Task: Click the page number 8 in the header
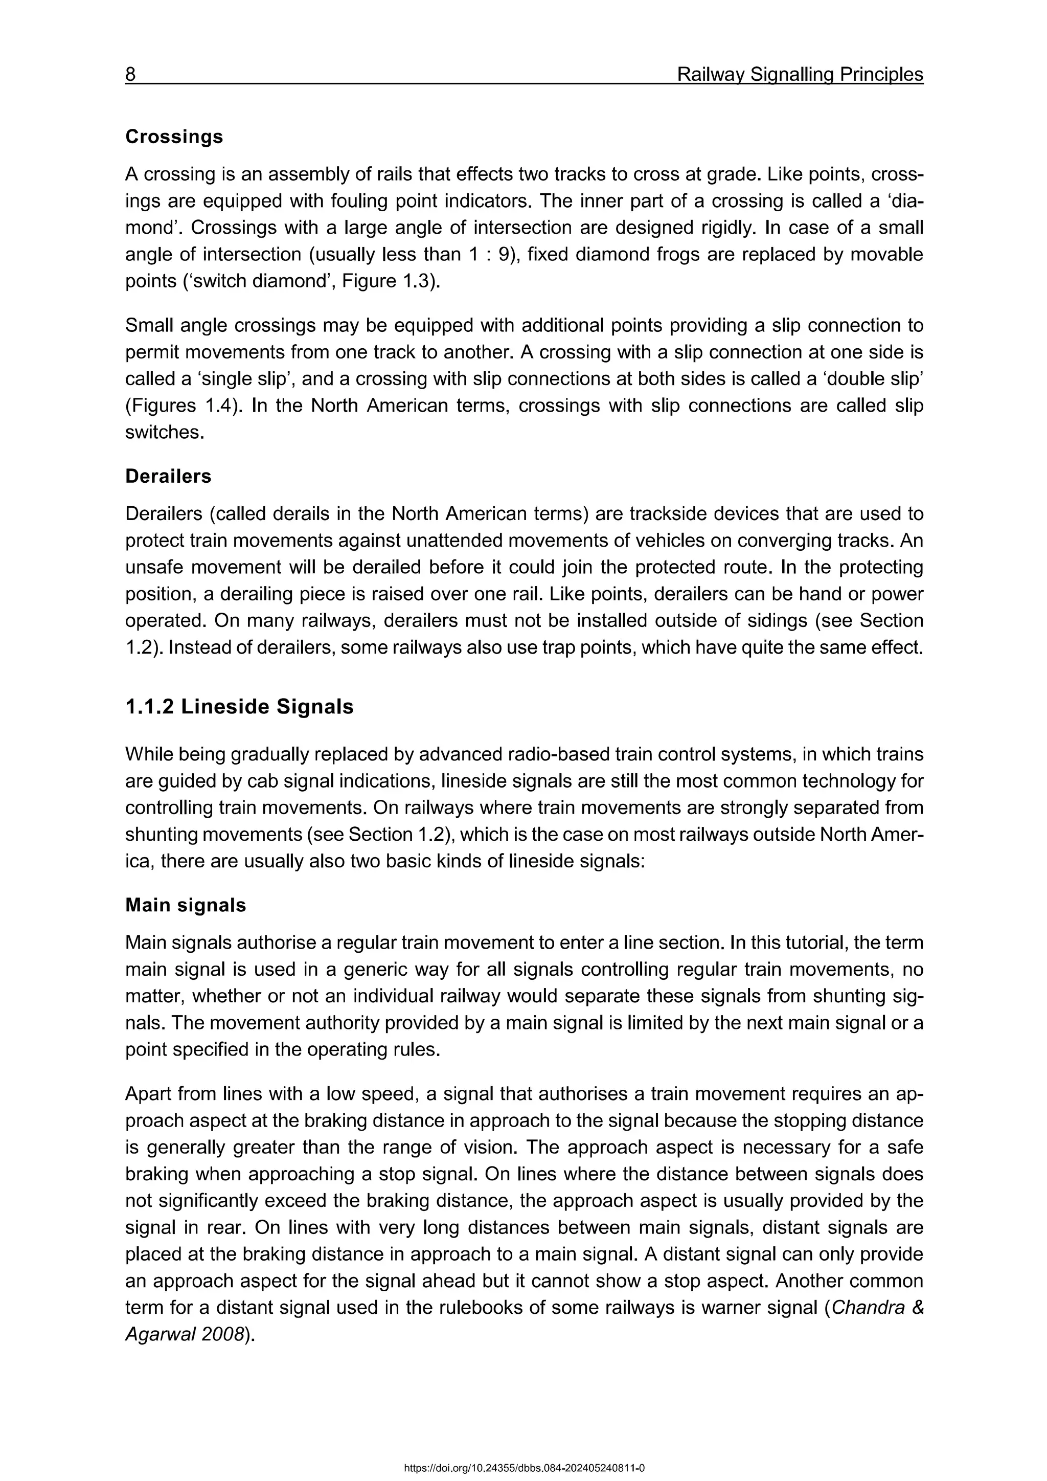tap(130, 75)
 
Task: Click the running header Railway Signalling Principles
tap(800, 75)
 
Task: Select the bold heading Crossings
tap(174, 137)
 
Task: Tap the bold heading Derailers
tap(168, 477)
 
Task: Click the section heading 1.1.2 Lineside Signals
tap(239, 707)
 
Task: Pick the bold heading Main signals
tap(186, 906)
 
